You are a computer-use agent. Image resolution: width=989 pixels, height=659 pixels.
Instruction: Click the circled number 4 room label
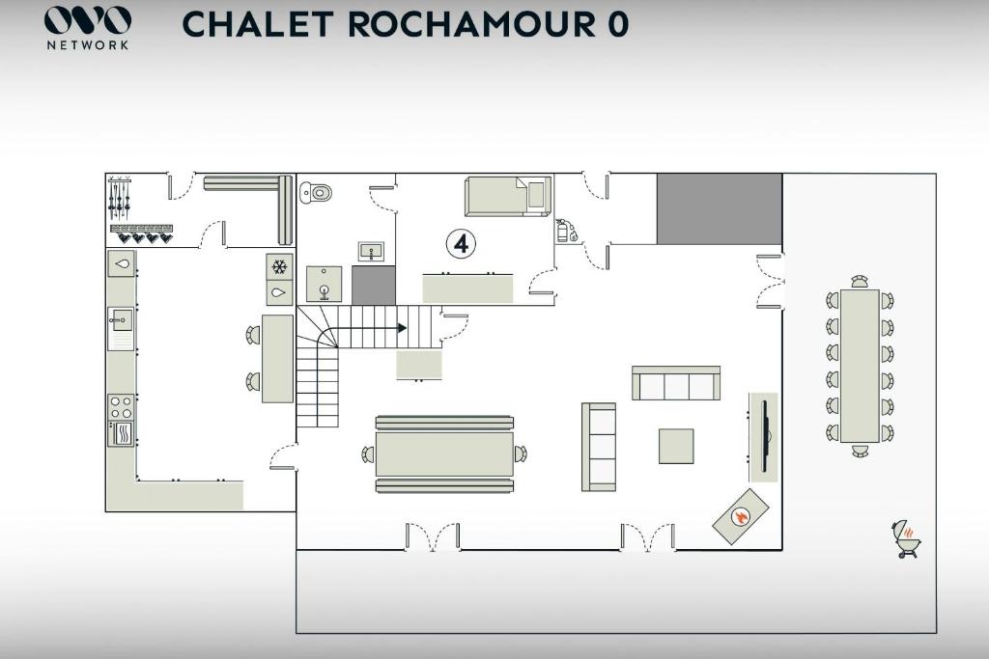[x=461, y=243]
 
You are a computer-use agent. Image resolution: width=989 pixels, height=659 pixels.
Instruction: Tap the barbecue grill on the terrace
[x=906, y=538]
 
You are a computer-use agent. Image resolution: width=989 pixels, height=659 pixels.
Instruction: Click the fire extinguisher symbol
[x=564, y=231]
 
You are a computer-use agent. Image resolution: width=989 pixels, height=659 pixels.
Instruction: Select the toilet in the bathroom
[x=316, y=192]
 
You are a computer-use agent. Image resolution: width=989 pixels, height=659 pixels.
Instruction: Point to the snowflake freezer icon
[x=279, y=267]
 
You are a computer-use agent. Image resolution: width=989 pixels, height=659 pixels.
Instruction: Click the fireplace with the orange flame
[x=741, y=516]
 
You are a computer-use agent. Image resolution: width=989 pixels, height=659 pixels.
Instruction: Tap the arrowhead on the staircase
[x=402, y=328]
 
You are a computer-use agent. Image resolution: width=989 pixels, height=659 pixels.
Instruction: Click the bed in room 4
[x=508, y=195]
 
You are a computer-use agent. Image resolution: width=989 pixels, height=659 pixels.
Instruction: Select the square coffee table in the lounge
[x=676, y=446]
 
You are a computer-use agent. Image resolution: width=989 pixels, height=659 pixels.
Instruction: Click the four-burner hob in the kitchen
[x=121, y=407]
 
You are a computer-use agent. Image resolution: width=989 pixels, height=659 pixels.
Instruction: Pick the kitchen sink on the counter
[x=121, y=321]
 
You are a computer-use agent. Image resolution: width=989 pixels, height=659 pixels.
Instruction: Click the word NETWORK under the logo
[x=88, y=45]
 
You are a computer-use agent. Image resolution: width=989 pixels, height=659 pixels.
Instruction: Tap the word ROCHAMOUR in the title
[x=470, y=24]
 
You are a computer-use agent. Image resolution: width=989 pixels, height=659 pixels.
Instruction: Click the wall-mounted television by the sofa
[x=765, y=436]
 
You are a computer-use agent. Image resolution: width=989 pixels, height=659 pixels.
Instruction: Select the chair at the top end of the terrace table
[x=860, y=282]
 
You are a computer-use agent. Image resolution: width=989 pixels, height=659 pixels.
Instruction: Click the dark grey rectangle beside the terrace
[x=720, y=209]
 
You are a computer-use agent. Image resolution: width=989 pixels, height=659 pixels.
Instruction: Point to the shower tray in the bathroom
[x=325, y=284]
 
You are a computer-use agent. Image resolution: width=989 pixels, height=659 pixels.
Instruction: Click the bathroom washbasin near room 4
[x=372, y=252]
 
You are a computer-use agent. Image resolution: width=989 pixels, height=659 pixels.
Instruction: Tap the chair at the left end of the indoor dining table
[x=368, y=453]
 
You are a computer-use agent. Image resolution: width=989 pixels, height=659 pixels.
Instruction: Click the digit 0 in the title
[x=619, y=24]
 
